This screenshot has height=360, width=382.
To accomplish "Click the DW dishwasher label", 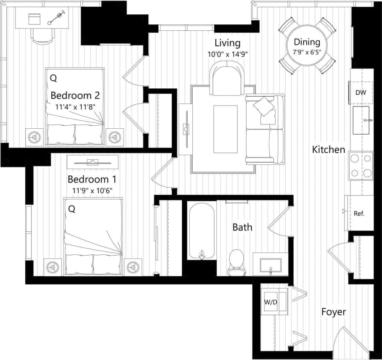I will click(x=360, y=93).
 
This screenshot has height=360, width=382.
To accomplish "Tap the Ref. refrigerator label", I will click(x=358, y=213).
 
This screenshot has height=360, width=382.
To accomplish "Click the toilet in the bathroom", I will click(x=236, y=262).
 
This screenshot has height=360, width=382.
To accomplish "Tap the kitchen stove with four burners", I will click(x=361, y=166).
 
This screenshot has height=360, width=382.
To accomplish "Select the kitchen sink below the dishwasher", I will click(x=361, y=120).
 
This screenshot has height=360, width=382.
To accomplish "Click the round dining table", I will click(x=307, y=46).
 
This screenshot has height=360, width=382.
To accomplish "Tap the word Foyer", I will click(x=334, y=312).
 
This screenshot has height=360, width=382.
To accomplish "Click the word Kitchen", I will click(x=329, y=149).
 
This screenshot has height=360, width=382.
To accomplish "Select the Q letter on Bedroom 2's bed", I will click(x=53, y=78).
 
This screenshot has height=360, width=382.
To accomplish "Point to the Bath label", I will click(x=242, y=227).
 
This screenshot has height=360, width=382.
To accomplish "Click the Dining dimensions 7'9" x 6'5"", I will click(x=307, y=53).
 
